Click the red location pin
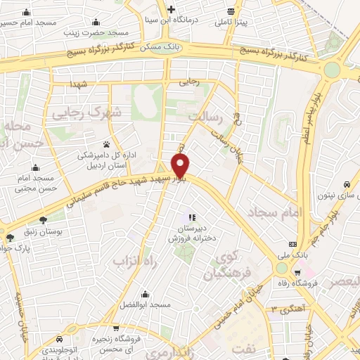pyautogui.click(x=181, y=166)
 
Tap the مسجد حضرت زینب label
pyautogui.click(x=105, y=32)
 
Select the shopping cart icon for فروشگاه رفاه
pyautogui.click(x=297, y=272)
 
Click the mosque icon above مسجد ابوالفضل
pyautogui.click(x=145, y=294)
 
